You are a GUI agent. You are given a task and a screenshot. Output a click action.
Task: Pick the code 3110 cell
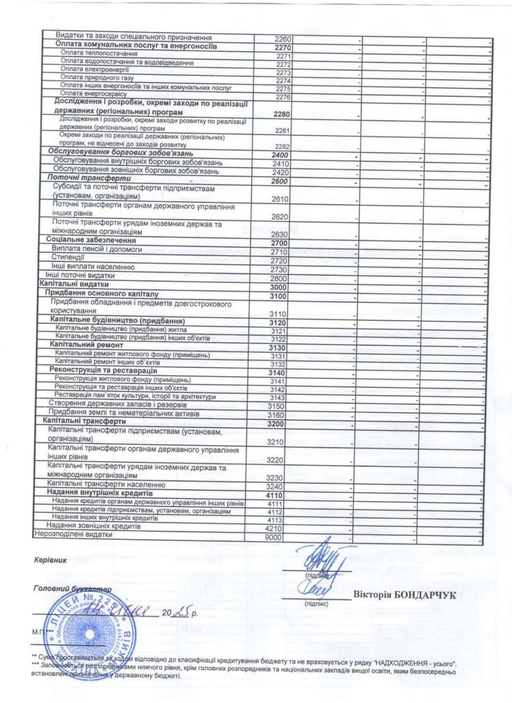(279, 313)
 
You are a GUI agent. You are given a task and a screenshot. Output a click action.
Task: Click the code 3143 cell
(277, 398)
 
